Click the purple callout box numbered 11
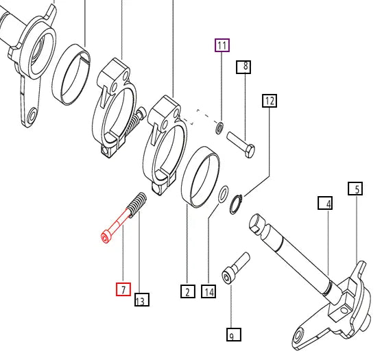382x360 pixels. tap(222, 45)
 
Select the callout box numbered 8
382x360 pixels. tap(243, 67)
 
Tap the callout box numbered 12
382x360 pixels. tap(270, 101)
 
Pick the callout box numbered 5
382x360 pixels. tap(355, 189)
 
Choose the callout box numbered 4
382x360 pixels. tap(325, 203)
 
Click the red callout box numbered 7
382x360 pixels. tap(123, 289)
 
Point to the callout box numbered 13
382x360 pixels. tap(142, 300)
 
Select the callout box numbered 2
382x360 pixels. tap(188, 291)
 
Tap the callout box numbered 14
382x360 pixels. tap(208, 291)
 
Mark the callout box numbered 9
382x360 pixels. tap(234, 335)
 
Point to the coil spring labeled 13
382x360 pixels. tap(138, 204)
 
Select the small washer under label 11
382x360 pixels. tap(220, 128)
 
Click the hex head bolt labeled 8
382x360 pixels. tap(241, 145)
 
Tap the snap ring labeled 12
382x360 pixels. tap(236, 204)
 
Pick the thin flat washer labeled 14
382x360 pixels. tap(223, 194)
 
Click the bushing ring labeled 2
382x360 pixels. tap(200, 177)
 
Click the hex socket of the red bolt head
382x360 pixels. tap(105, 239)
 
